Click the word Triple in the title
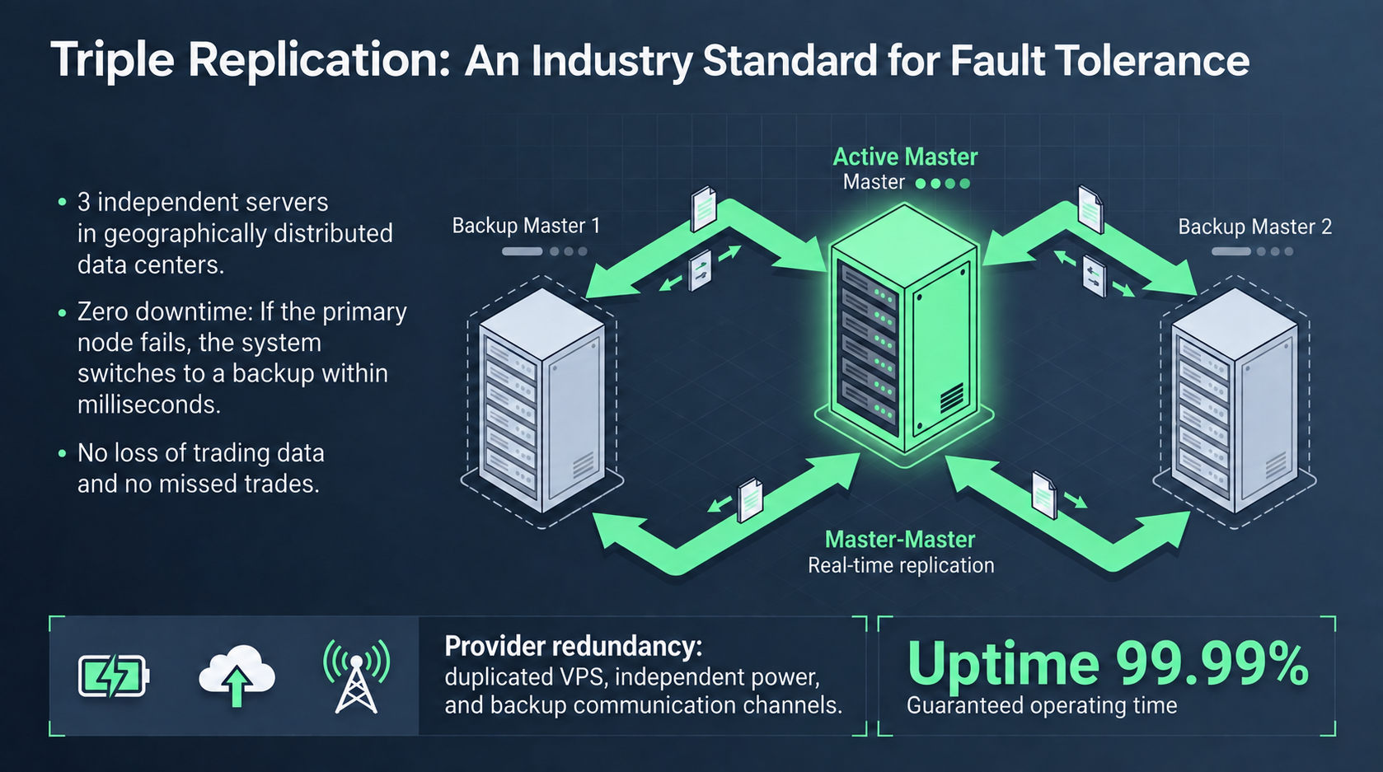(112, 60)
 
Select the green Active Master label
(905, 157)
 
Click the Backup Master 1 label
(526, 226)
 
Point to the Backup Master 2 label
(1254, 227)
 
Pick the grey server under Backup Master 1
(542, 401)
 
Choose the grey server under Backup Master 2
(1234, 401)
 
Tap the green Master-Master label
(900, 540)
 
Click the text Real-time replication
(901, 565)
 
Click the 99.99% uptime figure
(1212, 664)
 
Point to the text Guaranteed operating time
(1042, 705)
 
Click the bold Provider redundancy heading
(574, 647)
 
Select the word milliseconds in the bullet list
(149, 405)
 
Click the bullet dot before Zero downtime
(62, 313)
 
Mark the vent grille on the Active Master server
(951, 397)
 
